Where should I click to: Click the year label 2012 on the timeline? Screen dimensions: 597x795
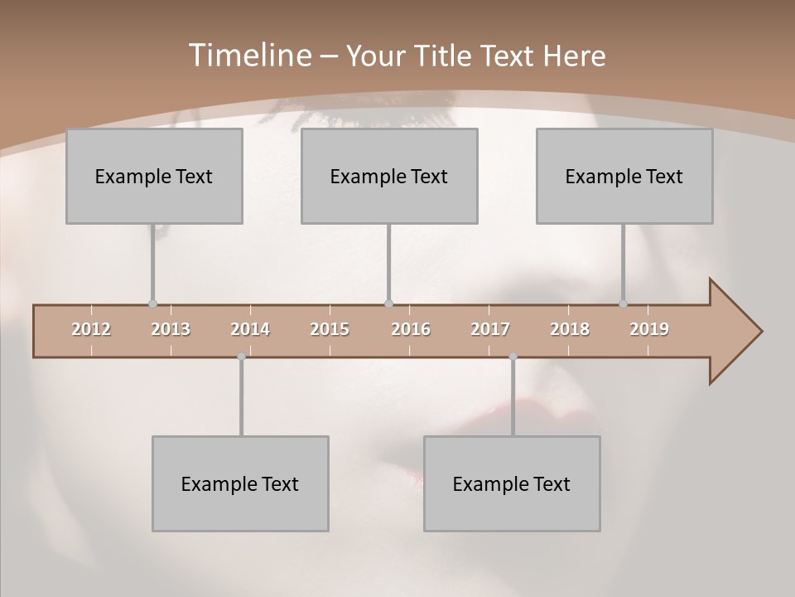[x=91, y=330]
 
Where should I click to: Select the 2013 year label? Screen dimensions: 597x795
[x=171, y=330]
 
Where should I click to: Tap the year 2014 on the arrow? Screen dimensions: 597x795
[x=250, y=330]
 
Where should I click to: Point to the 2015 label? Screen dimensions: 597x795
[x=330, y=330]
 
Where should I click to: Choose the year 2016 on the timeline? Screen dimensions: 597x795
[x=411, y=330]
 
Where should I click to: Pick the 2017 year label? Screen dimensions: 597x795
[x=490, y=330]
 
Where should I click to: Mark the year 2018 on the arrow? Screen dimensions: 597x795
[x=570, y=330]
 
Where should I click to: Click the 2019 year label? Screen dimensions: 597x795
[x=649, y=330]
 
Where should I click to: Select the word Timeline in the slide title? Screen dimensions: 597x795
[x=248, y=56]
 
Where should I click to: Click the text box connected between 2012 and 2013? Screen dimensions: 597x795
[x=154, y=176]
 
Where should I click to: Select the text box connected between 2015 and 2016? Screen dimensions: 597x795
[x=389, y=176]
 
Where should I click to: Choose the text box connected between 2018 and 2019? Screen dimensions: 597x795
[x=624, y=176]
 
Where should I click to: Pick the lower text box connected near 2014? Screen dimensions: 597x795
[x=240, y=483]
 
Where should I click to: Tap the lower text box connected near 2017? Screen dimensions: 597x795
[x=512, y=483]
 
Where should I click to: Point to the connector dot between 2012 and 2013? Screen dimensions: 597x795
[x=152, y=303]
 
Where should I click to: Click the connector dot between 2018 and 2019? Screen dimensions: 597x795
[x=624, y=303]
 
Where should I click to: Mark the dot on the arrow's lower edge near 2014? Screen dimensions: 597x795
[x=241, y=357]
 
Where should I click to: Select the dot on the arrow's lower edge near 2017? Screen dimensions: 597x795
[x=513, y=357]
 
